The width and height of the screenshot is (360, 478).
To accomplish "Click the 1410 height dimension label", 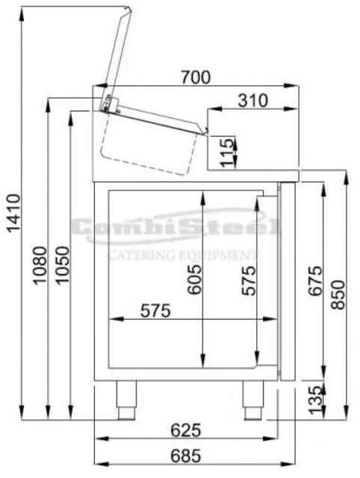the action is [14, 213].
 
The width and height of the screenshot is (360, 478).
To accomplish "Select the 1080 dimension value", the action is [40, 266].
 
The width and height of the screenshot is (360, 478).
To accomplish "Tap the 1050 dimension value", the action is [63, 266].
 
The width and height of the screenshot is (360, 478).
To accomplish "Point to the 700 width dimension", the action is [196, 77].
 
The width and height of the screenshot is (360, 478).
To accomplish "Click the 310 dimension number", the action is [253, 100].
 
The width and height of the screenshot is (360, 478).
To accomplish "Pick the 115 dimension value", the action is [227, 152].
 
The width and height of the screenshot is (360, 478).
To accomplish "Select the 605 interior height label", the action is [194, 279].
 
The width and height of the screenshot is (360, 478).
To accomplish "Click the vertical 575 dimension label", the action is [249, 281].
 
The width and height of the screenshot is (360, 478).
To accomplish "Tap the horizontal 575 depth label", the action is [155, 311].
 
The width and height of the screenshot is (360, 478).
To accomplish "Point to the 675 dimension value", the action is [315, 281].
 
